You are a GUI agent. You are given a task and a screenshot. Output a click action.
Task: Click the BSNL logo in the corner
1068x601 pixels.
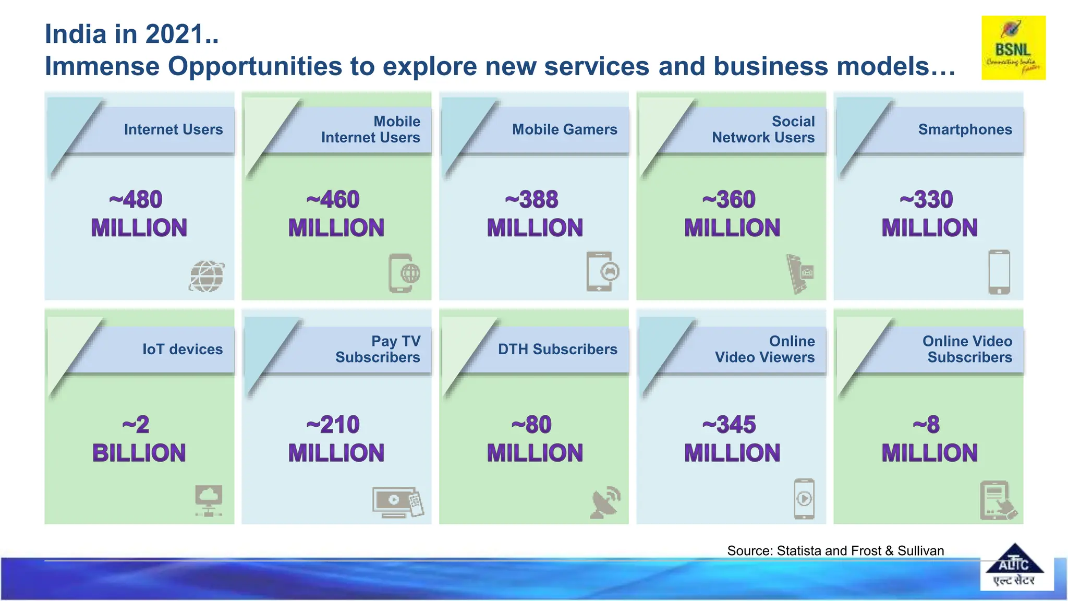click(x=1013, y=48)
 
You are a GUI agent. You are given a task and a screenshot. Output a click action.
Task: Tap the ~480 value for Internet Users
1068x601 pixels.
click(x=136, y=200)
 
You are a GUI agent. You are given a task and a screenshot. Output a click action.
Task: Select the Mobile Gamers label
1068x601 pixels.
click(x=564, y=129)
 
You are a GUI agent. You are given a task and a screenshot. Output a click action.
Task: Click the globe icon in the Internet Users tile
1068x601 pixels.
click(x=207, y=276)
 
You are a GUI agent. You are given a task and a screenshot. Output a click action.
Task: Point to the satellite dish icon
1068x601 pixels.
click(x=605, y=502)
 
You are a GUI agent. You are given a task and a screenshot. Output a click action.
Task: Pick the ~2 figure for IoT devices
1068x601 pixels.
click(x=136, y=425)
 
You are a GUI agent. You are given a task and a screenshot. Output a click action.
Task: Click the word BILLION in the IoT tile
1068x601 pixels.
click(x=139, y=453)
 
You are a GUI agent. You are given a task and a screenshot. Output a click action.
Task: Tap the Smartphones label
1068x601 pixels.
click(x=965, y=129)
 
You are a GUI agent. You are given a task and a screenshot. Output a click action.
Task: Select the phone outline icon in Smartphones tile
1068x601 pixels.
click(x=999, y=272)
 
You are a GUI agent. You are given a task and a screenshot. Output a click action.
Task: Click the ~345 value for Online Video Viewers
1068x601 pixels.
click(x=729, y=425)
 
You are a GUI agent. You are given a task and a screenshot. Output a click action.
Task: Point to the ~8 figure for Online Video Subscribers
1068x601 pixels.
click(x=927, y=425)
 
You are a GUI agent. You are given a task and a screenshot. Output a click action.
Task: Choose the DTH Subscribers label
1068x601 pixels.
click(x=557, y=349)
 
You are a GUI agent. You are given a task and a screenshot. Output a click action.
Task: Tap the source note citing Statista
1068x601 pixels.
click(x=835, y=550)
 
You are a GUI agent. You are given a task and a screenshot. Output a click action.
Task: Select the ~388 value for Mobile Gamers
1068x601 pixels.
click(x=532, y=200)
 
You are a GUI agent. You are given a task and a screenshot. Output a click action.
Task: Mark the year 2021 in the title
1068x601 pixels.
click(x=174, y=34)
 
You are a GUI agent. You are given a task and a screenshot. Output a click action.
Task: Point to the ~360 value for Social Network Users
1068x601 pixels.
click(x=729, y=200)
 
